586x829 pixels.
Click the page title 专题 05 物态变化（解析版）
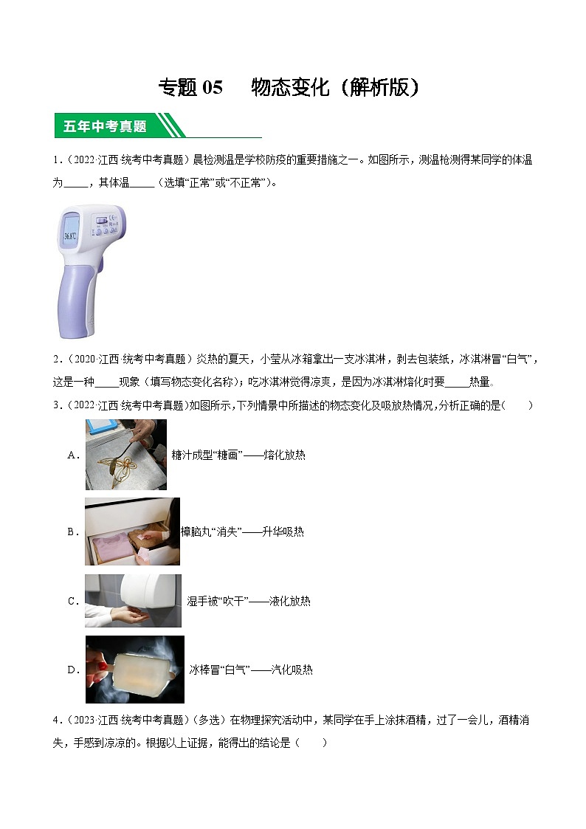[x=289, y=87]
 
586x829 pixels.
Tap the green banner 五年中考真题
[x=105, y=126]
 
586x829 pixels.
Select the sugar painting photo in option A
[x=125, y=455]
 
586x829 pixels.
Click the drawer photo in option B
[x=132, y=532]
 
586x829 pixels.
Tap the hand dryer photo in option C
[x=133, y=601]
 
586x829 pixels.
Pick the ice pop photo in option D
[x=134, y=670]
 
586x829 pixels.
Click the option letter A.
[x=73, y=455]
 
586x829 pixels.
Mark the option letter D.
[x=73, y=670]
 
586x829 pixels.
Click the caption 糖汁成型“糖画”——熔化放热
[x=238, y=455]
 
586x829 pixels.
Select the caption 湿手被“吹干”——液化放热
[x=249, y=602]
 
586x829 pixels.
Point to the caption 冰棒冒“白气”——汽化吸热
[x=251, y=670]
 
